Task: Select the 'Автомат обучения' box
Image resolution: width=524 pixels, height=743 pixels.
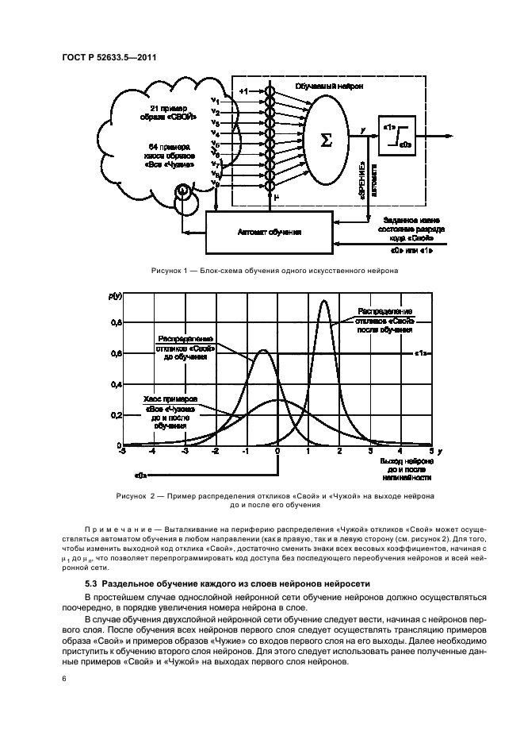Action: (x=270, y=231)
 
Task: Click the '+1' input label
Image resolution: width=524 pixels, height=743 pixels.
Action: (x=244, y=93)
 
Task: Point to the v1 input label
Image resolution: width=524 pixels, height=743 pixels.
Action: (x=215, y=101)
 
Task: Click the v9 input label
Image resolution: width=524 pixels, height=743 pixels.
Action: (x=215, y=183)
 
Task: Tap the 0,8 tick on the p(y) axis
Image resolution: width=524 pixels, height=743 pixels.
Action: (x=116, y=323)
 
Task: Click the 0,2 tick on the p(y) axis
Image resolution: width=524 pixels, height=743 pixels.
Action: (x=116, y=415)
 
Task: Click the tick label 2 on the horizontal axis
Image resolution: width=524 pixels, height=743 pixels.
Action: (x=339, y=452)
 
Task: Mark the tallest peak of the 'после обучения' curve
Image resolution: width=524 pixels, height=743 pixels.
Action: (x=323, y=301)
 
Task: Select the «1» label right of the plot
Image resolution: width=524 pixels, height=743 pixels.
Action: (x=422, y=354)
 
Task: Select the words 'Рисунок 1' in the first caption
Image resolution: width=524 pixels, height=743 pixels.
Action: (x=169, y=271)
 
